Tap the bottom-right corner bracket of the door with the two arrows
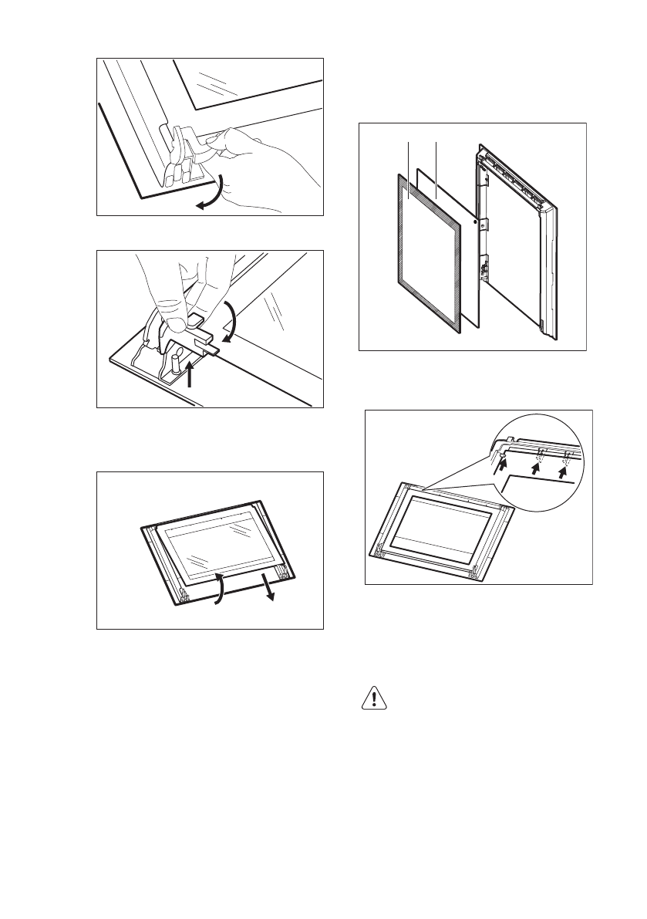[x=285, y=573]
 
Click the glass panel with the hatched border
[x=428, y=251]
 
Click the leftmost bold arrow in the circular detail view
[x=503, y=461]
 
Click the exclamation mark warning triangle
[x=373, y=698]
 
